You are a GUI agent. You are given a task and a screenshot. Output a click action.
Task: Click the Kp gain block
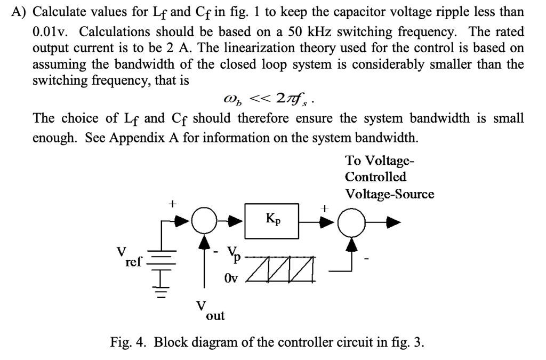click(x=271, y=221)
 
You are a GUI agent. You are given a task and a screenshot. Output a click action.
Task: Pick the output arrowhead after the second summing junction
click(x=393, y=222)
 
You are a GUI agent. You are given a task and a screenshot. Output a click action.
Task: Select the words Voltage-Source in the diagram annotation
click(x=389, y=194)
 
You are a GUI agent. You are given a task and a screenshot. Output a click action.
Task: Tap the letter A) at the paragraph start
click(x=19, y=12)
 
